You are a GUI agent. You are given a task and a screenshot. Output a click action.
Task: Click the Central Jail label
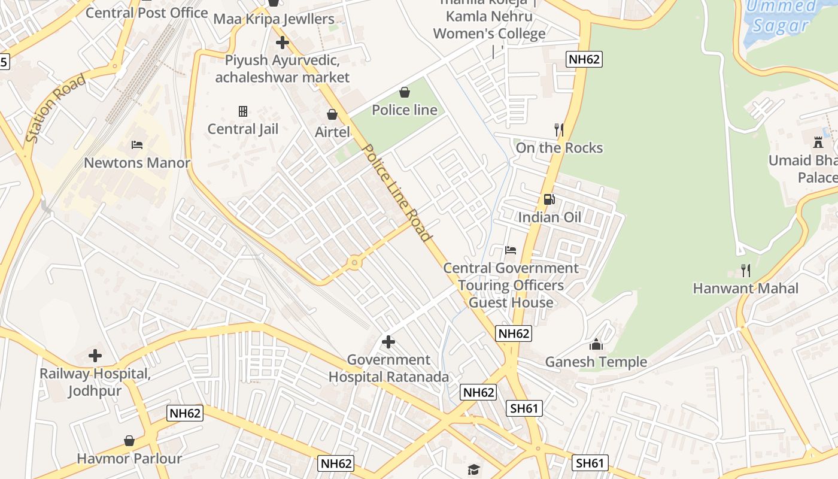pyautogui.click(x=243, y=129)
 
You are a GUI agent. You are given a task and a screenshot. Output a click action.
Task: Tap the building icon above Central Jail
pyautogui.click(x=243, y=111)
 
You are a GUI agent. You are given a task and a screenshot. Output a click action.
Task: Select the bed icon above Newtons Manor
pyautogui.click(x=137, y=145)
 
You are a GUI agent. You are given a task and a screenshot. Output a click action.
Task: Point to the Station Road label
pyautogui.click(x=56, y=108)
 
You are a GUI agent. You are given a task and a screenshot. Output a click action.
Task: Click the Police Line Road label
pyautogui.click(x=397, y=193)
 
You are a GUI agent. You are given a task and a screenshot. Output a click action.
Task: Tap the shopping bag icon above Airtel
pyautogui.click(x=332, y=114)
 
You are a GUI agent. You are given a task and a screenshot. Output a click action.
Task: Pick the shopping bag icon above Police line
pyautogui.click(x=405, y=92)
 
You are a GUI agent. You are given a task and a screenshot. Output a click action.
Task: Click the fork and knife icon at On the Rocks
pyautogui.click(x=559, y=129)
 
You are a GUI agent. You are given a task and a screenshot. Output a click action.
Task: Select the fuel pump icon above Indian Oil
pyautogui.click(x=549, y=199)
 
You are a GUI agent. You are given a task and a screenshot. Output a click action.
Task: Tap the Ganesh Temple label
pyautogui.click(x=596, y=362)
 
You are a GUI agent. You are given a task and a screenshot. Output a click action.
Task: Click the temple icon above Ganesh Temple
pyautogui.click(x=596, y=344)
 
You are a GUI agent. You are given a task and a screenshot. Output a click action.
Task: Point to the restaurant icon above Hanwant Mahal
pyautogui.click(x=745, y=271)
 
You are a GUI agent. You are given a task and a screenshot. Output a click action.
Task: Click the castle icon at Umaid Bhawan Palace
pyautogui.click(x=818, y=143)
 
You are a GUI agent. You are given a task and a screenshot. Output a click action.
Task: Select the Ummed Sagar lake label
pyautogui.click(x=781, y=16)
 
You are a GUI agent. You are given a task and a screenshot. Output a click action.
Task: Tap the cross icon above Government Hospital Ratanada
pyautogui.click(x=388, y=342)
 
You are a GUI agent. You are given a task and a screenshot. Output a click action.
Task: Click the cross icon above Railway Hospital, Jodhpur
pyautogui.click(x=95, y=356)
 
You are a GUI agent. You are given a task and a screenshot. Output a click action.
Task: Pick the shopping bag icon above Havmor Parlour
pyautogui.click(x=129, y=441)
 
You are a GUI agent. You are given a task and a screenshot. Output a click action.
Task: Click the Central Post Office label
pyautogui.click(x=147, y=13)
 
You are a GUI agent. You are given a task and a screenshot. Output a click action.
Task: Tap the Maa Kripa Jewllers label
pyautogui.click(x=274, y=19)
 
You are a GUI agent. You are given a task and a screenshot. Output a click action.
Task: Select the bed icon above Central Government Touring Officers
pyautogui.click(x=510, y=250)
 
